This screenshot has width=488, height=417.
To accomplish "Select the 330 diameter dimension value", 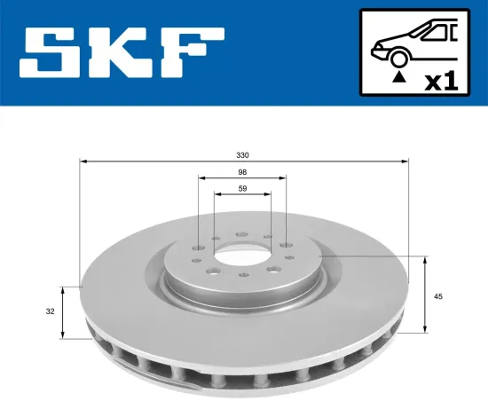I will (x=243, y=154).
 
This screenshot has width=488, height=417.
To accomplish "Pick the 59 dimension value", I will (x=242, y=188).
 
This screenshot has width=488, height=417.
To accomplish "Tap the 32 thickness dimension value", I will (x=51, y=311).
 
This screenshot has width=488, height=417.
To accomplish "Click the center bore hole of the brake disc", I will (x=242, y=252).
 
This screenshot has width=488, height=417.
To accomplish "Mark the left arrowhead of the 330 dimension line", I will (x=83, y=161).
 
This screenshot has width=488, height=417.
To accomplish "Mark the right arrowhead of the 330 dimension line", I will (x=407, y=161).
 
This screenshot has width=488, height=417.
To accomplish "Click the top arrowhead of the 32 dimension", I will (x=63, y=289).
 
